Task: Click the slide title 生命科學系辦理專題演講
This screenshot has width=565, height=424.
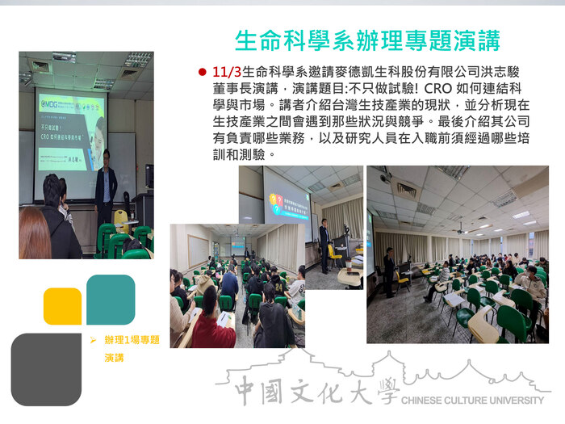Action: click(x=366, y=40)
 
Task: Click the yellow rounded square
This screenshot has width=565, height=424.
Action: click(x=62, y=306)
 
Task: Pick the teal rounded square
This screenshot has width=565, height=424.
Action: click(x=110, y=300)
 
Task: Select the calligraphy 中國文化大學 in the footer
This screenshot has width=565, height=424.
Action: click(x=315, y=392)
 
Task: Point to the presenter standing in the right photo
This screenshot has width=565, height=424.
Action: click(x=389, y=270)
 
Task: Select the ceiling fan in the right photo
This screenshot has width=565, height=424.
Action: click(x=462, y=228)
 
